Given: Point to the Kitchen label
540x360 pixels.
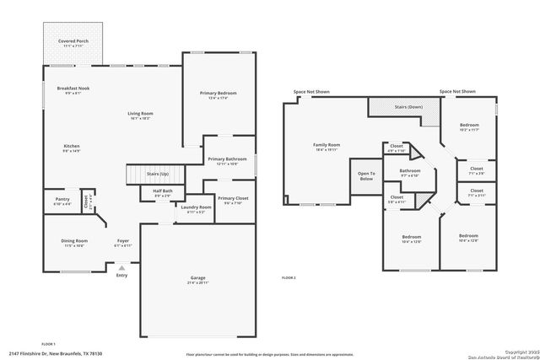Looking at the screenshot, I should pyautogui.click(x=72, y=147).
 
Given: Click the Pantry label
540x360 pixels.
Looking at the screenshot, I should pyautogui.click(x=62, y=200).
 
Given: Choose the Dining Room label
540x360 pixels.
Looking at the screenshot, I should pyautogui.click(x=73, y=242).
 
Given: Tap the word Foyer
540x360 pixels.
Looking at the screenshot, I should pyautogui.click(x=122, y=242).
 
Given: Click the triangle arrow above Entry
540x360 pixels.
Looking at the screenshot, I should pyautogui.click(x=121, y=267).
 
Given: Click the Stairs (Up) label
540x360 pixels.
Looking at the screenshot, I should pyautogui.click(x=158, y=174).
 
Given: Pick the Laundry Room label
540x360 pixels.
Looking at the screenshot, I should pyautogui.click(x=195, y=207).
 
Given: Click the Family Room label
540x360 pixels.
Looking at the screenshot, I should pyautogui.click(x=326, y=145).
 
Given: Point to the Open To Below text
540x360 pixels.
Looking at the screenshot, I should pyautogui.click(x=366, y=176).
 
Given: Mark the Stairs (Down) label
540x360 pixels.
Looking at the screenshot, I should pyautogui.click(x=408, y=107).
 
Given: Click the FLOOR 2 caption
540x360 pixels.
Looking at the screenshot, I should pyautogui.click(x=289, y=277).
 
